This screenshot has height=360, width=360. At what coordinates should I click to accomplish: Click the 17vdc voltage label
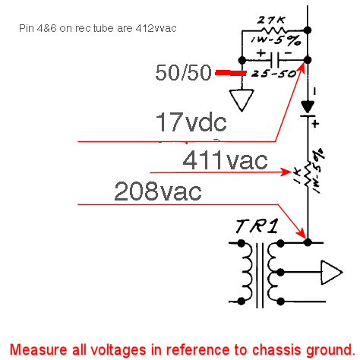tap(191, 122)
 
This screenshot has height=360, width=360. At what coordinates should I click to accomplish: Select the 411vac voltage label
tap(225, 160)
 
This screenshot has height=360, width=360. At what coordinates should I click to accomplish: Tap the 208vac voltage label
tap(158, 191)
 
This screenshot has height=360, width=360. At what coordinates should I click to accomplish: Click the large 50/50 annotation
tap(183, 72)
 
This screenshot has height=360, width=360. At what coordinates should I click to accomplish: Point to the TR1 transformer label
tap(257, 226)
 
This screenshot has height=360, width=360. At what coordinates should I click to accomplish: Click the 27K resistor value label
tap(272, 21)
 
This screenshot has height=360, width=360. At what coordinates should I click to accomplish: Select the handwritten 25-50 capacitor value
tap(273, 74)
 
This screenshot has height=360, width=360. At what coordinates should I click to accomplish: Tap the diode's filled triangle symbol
tap(308, 107)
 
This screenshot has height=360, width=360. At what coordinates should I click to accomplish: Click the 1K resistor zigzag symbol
tap(308, 174)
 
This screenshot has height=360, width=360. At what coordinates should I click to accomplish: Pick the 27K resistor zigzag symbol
tap(274, 31)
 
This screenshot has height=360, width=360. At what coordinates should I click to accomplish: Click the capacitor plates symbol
tap(275, 60)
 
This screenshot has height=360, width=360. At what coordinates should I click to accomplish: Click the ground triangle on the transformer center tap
tap(332, 272)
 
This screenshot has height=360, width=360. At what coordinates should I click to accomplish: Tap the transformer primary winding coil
tap(247, 272)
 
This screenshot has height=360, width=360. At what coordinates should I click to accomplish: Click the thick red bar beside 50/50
tap(230, 73)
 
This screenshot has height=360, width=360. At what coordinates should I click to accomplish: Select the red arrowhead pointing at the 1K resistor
tap(286, 172)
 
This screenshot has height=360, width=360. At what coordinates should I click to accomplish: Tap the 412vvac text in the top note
tap(156, 28)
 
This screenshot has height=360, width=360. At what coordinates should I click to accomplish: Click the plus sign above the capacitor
tap(261, 53)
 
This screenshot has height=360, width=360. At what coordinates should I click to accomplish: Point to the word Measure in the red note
tap(38, 350)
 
